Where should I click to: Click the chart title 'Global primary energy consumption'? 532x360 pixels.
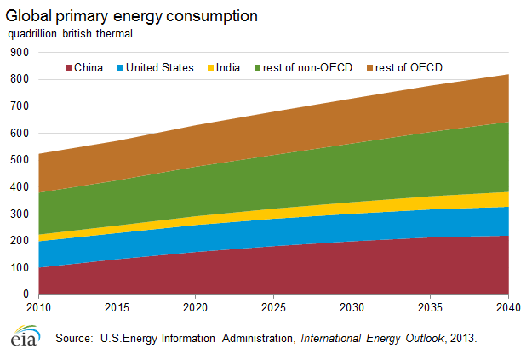[x=132, y=16]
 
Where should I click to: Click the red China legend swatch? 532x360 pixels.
[x=67, y=67]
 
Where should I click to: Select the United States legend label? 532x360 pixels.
[x=160, y=67]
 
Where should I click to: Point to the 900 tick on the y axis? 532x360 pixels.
[x=18, y=52]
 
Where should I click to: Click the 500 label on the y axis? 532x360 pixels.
[x=18, y=160]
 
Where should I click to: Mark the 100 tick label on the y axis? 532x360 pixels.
[x=18, y=267]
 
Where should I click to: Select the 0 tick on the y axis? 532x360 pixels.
[x=25, y=294]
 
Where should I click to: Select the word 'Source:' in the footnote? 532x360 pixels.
[x=74, y=339]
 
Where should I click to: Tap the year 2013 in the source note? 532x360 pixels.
[x=463, y=339]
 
